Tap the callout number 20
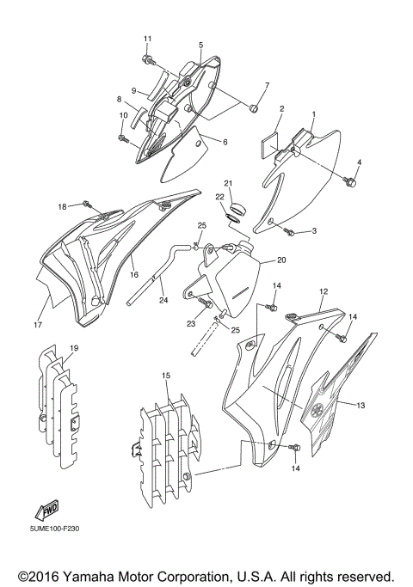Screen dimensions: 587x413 [x=281, y=260]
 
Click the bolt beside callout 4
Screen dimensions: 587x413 [x=349, y=181]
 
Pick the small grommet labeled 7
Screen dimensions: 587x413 [x=254, y=108]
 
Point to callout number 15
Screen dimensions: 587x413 [x=165, y=376]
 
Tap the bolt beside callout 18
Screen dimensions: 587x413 [x=87, y=205]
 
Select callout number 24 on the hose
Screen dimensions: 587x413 [x=163, y=301]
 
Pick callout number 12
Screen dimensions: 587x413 [x=324, y=292]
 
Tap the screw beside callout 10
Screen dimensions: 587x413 [x=121, y=137]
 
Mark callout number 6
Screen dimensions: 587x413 [x=225, y=142]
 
